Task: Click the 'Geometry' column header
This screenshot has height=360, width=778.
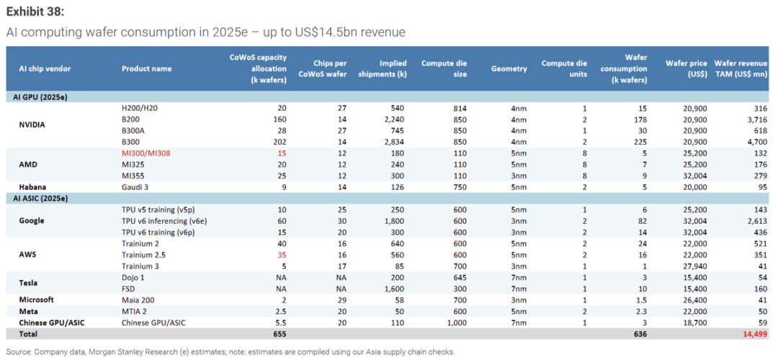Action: [509, 68]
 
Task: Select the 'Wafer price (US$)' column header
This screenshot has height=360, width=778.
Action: [687, 68]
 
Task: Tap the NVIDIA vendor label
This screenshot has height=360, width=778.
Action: [32, 125]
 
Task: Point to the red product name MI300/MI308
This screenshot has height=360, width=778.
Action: [148, 153]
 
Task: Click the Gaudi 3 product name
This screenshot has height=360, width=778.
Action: [138, 186]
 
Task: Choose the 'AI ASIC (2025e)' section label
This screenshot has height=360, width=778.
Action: [43, 197]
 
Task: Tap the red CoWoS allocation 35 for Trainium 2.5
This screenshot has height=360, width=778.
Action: [282, 254]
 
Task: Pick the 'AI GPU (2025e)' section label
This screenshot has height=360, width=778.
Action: [41, 96]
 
